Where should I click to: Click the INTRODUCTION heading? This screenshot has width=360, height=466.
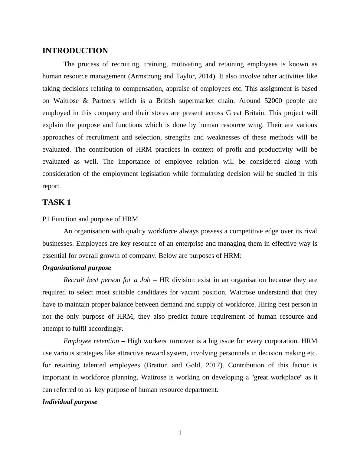pyautogui.click(x=75, y=51)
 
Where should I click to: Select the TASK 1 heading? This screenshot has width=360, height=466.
pyautogui.click(x=57, y=202)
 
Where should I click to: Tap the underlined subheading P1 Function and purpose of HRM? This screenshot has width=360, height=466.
pyautogui.click(x=90, y=219)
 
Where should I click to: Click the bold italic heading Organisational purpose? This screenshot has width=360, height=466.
pyautogui.click(x=77, y=268)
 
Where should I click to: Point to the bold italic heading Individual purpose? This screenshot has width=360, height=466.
pyautogui.click(x=70, y=402)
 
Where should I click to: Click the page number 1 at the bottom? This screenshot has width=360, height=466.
pyautogui.click(x=180, y=433)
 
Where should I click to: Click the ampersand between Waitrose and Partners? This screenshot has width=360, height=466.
pyautogui.click(x=85, y=101)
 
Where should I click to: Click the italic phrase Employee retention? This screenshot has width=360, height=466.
pyautogui.click(x=91, y=341)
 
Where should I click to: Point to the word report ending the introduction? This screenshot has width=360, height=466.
pyautogui.click(x=51, y=186)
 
